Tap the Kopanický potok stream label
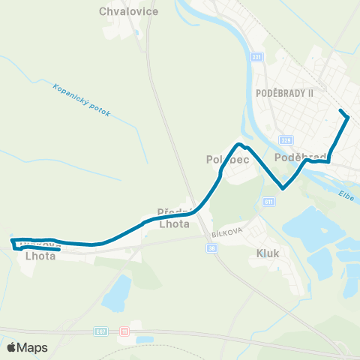pyautogui.click(x=81, y=100)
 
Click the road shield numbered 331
pyautogui.click(x=256, y=58)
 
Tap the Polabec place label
pyautogui.click(x=227, y=160)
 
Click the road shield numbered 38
pyautogui.click(x=213, y=247)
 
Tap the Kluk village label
pyautogui.click(x=268, y=253)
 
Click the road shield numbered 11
pyautogui.click(x=125, y=330)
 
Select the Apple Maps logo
pyautogui.click(x=27, y=347)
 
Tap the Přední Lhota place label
pyautogui.click(x=175, y=217)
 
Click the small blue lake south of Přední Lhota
pyautogui.click(x=116, y=294)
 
